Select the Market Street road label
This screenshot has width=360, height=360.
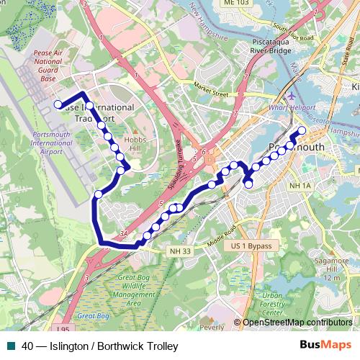(x=210, y=89)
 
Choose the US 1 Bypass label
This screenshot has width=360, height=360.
(x=252, y=246)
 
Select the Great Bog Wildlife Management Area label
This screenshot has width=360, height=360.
(x=135, y=290)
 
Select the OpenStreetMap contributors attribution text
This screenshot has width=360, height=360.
(x=297, y=322)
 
